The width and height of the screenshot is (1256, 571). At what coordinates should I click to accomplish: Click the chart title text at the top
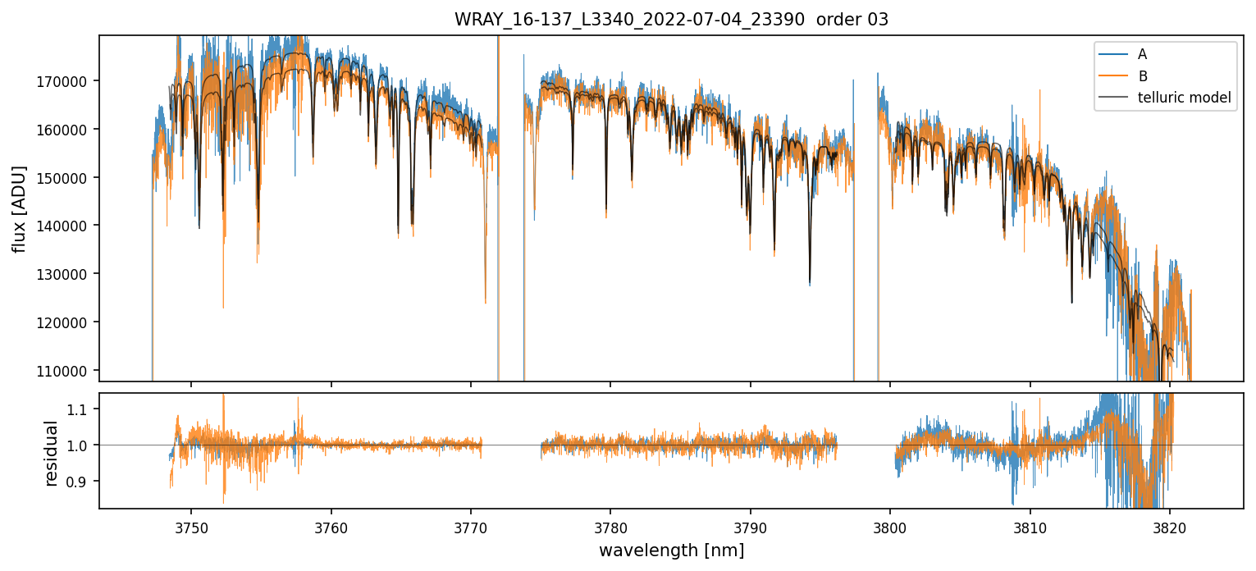(671, 20)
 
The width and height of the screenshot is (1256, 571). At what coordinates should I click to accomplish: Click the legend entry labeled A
(1142, 54)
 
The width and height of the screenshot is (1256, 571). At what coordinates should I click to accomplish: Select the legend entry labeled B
(1142, 76)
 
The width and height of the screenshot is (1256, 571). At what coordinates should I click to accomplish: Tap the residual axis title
(51, 453)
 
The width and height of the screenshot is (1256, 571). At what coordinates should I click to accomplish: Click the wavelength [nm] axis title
(671, 550)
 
